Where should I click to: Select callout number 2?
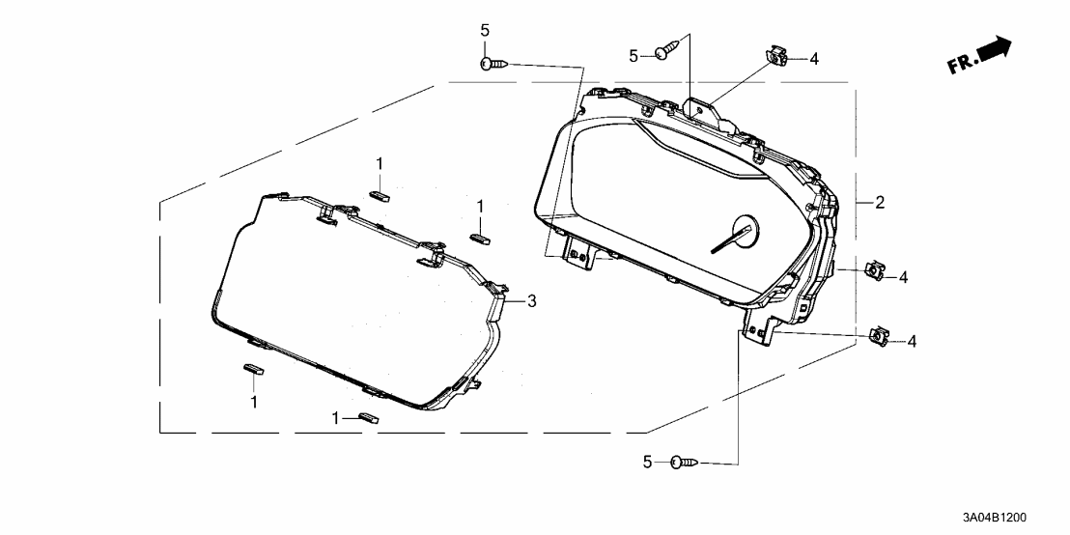(880, 203)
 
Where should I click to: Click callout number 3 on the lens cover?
(530, 301)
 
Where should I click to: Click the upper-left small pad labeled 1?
(379, 193)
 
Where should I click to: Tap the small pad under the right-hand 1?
(480, 237)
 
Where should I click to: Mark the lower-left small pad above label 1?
(253, 367)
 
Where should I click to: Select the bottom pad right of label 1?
(368, 418)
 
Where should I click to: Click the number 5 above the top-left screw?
(485, 30)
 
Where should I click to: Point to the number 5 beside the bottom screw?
(649, 464)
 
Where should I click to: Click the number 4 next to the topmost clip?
(814, 60)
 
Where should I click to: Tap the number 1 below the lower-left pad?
(254, 401)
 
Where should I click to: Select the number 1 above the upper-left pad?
(380, 162)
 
